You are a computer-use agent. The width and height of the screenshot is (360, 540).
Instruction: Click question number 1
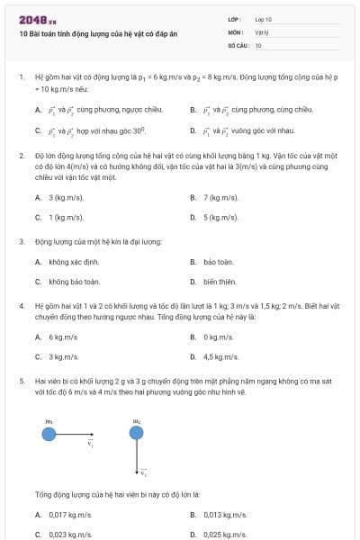coord(21,77)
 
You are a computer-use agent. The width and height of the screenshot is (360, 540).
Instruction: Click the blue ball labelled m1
coord(49,434)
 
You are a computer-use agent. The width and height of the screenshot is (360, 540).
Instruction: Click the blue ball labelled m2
coord(136,434)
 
